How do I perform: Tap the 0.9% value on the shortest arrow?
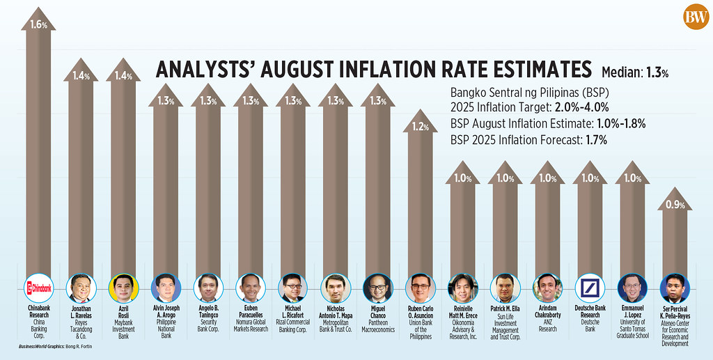[x=675, y=205]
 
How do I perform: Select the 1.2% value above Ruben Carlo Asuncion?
[x=421, y=127]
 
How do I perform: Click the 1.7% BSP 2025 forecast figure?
[x=596, y=139]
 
